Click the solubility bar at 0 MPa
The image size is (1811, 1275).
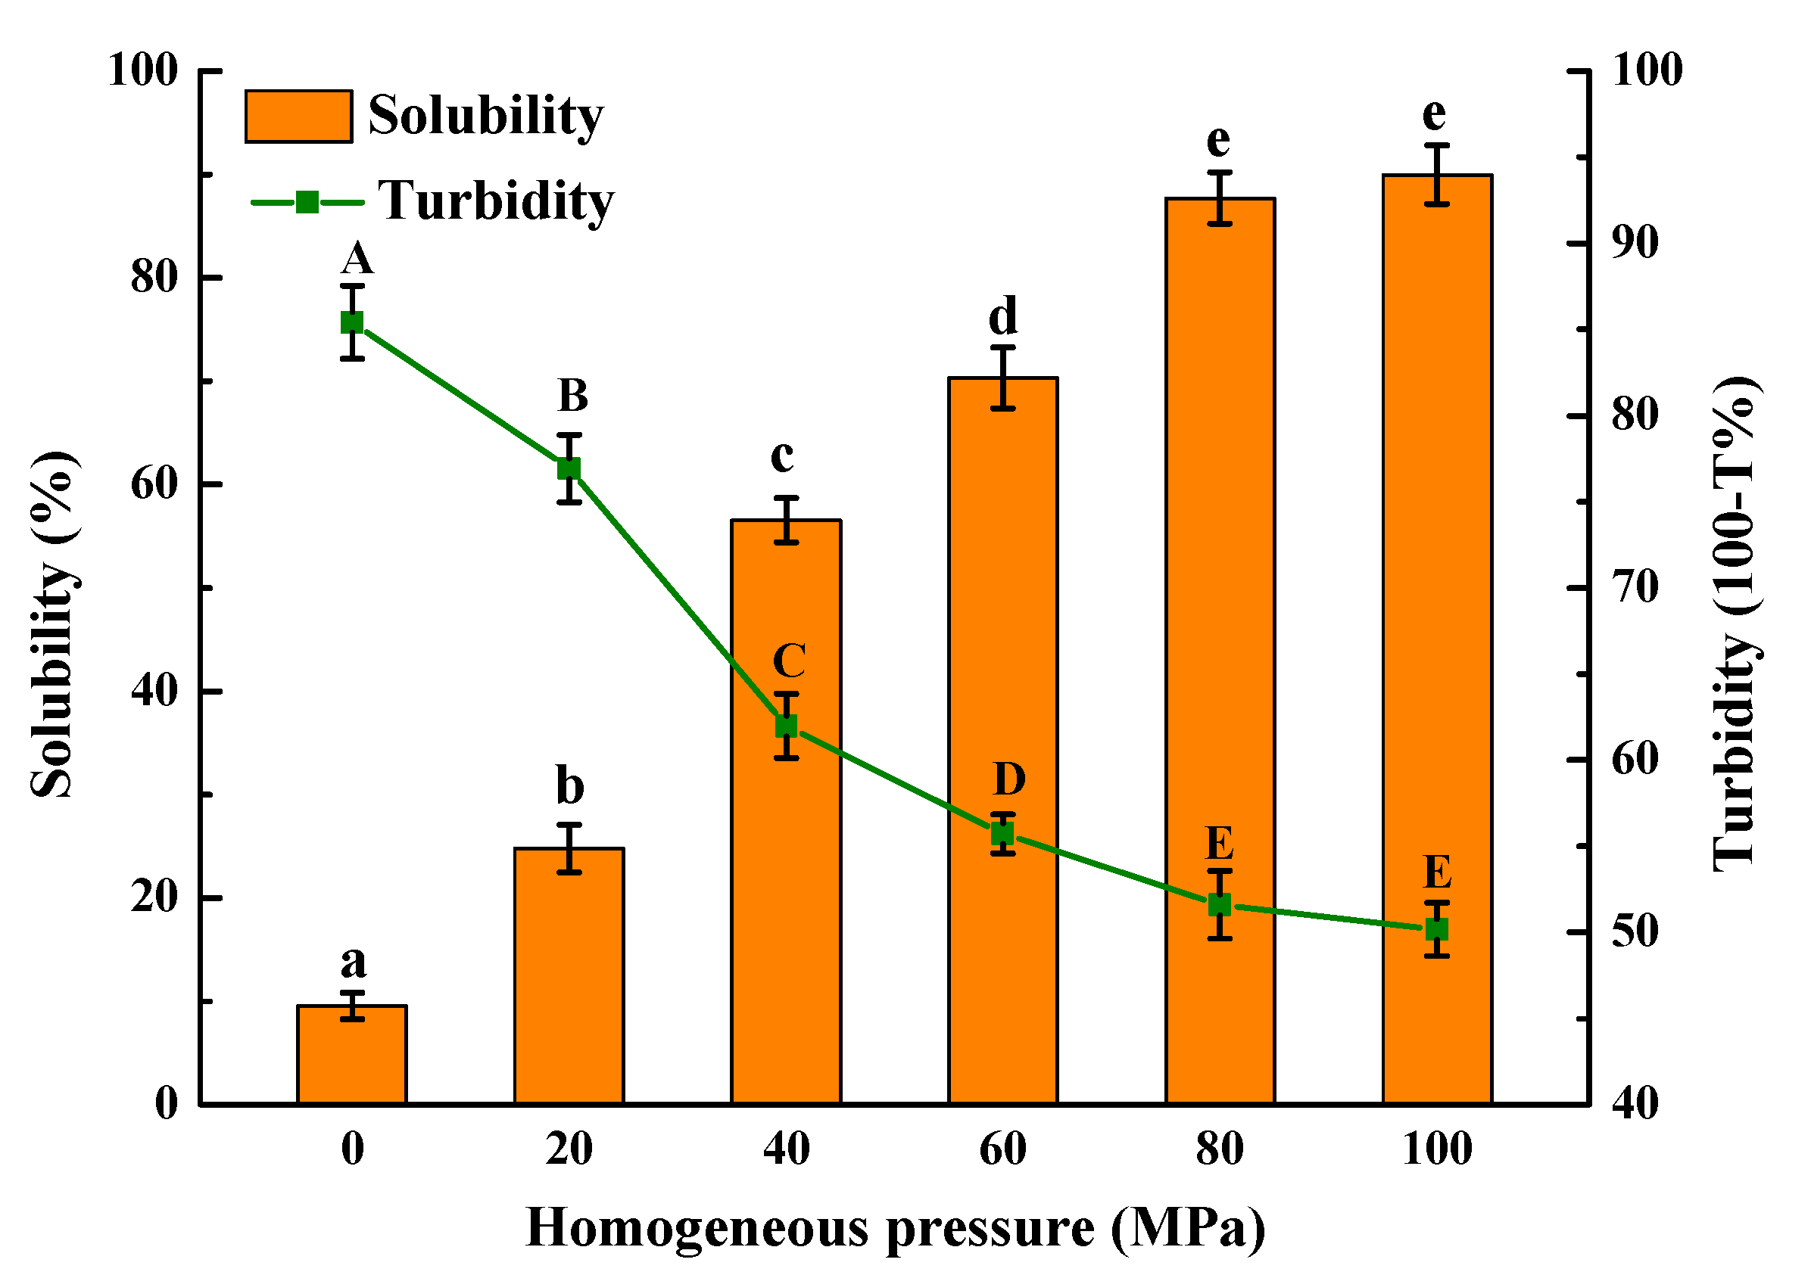pos(353,1057)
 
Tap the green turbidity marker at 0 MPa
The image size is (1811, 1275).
pos(353,323)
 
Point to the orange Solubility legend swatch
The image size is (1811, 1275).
pos(299,117)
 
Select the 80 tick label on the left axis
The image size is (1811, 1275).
pos(154,278)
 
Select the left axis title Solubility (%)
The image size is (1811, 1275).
pos(54,626)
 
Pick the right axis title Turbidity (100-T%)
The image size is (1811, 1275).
pos(1735,624)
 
